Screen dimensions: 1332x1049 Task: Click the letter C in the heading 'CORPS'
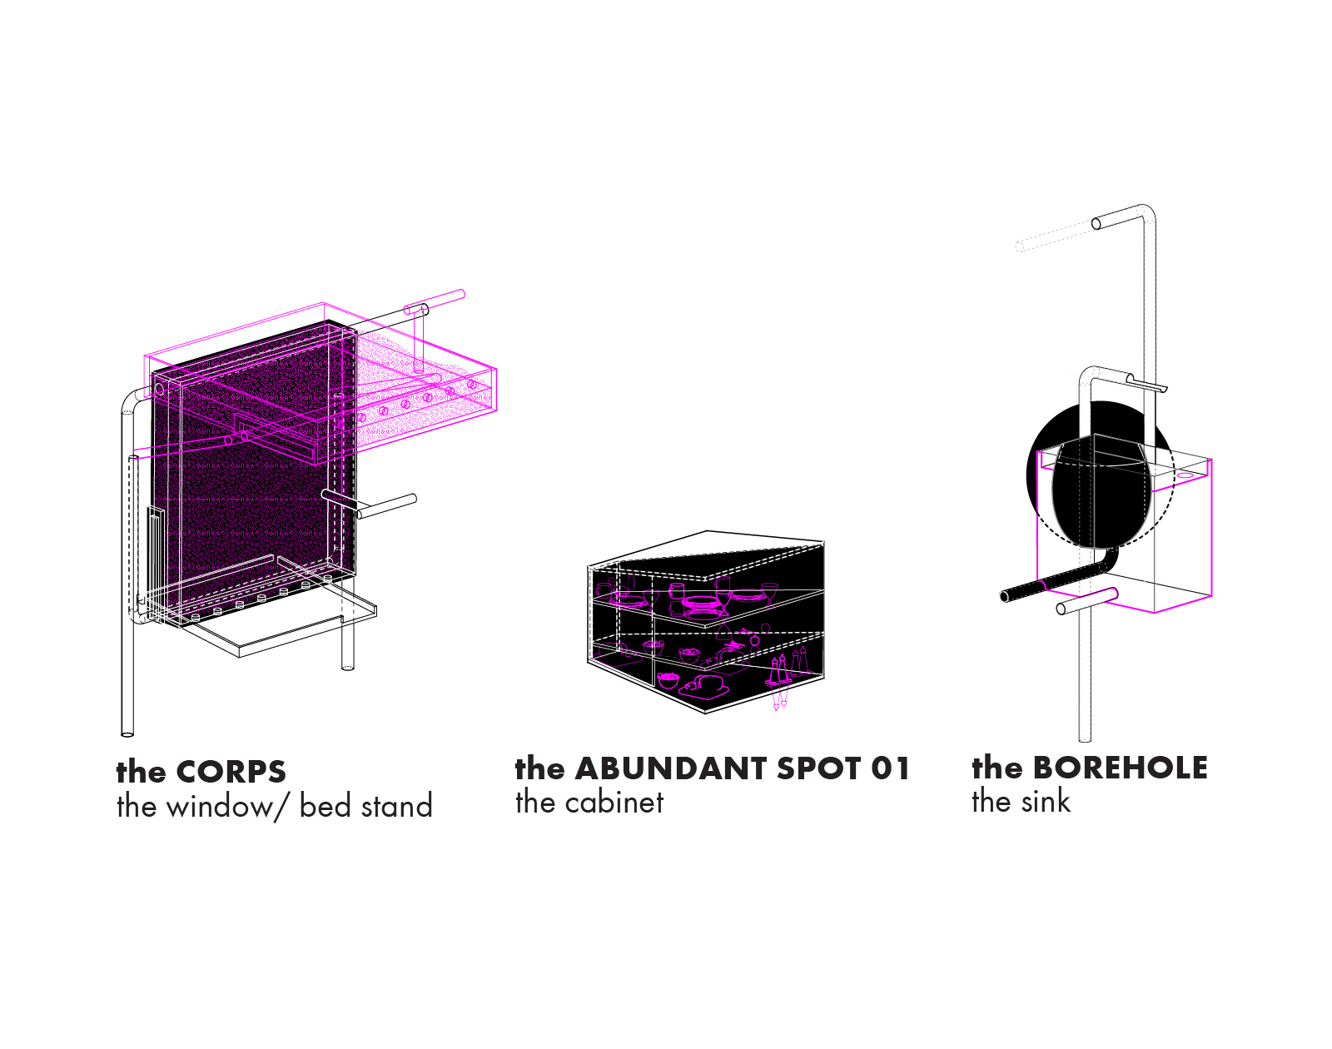click(190, 772)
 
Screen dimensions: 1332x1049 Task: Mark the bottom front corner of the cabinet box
click(706, 713)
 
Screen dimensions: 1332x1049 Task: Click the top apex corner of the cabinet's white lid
click(708, 531)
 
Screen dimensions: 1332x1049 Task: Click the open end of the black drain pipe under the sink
click(1005, 596)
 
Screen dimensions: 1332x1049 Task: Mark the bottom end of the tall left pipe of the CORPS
click(127, 733)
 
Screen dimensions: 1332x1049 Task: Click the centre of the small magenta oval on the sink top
click(1185, 475)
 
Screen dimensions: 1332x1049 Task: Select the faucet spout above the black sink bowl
click(1147, 383)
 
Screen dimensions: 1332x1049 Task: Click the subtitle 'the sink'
click(1021, 801)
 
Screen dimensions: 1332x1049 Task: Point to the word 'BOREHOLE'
click(1121, 768)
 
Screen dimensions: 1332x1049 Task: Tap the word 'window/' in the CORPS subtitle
click(228, 807)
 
